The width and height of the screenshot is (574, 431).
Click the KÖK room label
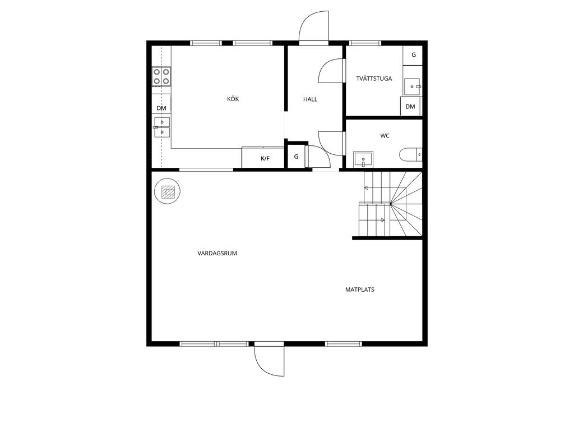click(233, 99)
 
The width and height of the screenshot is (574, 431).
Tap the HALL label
click(310, 99)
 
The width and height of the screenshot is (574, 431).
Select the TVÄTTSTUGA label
click(374, 79)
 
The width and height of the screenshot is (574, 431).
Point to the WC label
click(385, 136)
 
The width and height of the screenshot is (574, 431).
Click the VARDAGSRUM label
click(217, 253)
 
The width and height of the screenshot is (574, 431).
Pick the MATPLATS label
click(360, 290)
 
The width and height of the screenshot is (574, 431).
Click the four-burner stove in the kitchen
click(161, 76)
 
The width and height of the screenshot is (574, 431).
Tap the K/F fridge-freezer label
click(265, 158)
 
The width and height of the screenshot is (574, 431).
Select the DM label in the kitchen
click(161, 108)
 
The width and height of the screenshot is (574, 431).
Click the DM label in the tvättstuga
click(410, 107)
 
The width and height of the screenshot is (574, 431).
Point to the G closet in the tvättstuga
click(413, 56)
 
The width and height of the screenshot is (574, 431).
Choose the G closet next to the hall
click(296, 157)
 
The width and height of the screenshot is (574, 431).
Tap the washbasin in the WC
click(363, 159)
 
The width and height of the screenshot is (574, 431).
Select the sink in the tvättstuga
click(413, 87)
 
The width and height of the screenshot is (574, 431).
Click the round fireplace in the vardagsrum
click(168, 191)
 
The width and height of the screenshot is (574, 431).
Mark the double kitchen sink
click(162, 127)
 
